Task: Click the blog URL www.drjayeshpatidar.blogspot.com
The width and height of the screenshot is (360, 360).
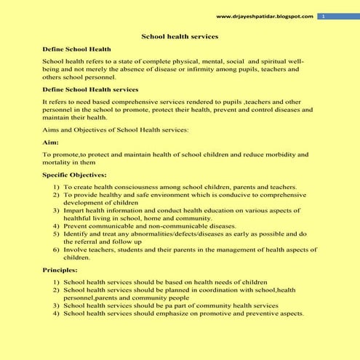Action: point(265,16)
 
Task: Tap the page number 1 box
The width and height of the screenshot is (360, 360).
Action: point(323,16)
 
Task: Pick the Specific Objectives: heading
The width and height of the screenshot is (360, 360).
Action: point(74,175)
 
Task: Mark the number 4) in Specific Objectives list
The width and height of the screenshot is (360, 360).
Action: point(56,225)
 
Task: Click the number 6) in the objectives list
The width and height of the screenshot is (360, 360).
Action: point(56,249)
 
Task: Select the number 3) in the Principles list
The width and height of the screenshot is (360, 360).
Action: point(56,305)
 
